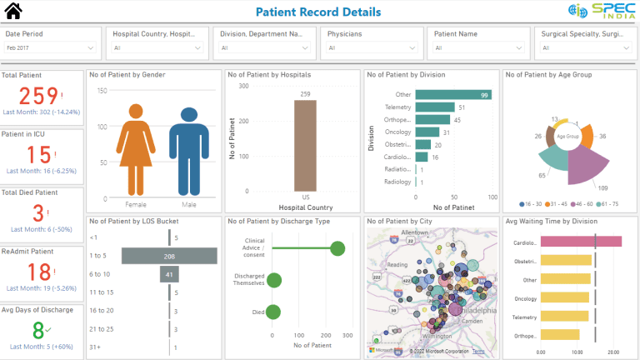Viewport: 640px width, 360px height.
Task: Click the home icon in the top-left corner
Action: tap(13, 12)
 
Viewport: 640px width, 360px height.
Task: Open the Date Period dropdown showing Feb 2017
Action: tap(51, 47)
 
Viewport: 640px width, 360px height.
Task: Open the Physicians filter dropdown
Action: tap(371, 47)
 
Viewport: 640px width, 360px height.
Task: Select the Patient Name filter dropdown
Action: tap(477, 47)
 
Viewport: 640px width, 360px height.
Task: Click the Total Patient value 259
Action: tap(39, 95)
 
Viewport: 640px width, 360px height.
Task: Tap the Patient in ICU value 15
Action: tap(39, 155)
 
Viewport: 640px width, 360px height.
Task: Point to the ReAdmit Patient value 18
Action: tap(39, 272)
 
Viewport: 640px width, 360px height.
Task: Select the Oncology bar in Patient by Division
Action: tap(427, 132)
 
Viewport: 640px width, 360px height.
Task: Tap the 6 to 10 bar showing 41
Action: tap(170, 274)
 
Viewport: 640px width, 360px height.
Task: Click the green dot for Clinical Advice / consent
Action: tap(337, 248)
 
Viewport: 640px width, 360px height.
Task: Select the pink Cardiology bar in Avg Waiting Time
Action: tap(580, 242)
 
